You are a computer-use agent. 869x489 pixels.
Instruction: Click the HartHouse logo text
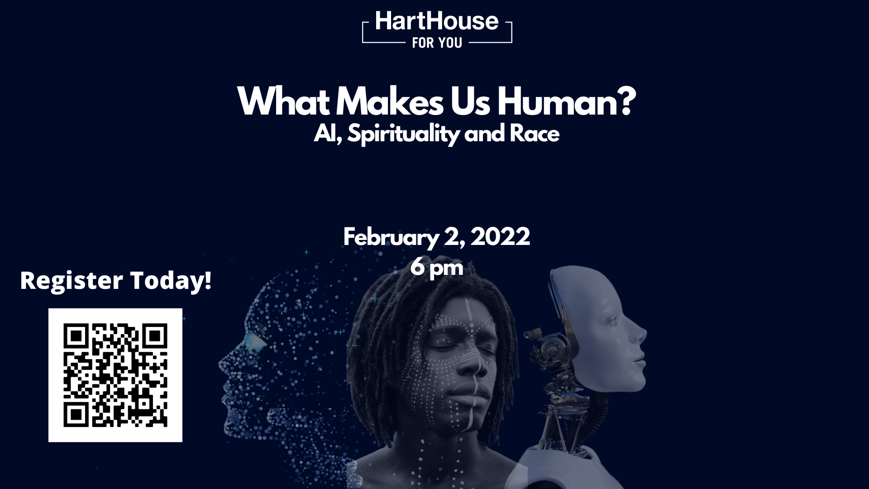tap(437, 21)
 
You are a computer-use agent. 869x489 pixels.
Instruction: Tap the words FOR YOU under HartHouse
tap(437, 43)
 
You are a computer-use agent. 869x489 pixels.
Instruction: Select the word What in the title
tap(283, 102)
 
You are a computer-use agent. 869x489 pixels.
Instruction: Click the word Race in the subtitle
tap(535, 134)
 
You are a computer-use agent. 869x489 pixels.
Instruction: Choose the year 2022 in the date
tap(500, 237)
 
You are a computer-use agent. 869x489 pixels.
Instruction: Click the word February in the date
tap(390, 238)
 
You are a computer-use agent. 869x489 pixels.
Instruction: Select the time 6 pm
tap(437, 267)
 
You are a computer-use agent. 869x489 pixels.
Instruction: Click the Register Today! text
tap(116, 280)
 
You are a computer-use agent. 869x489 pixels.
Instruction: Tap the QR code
tap(115, 375)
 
